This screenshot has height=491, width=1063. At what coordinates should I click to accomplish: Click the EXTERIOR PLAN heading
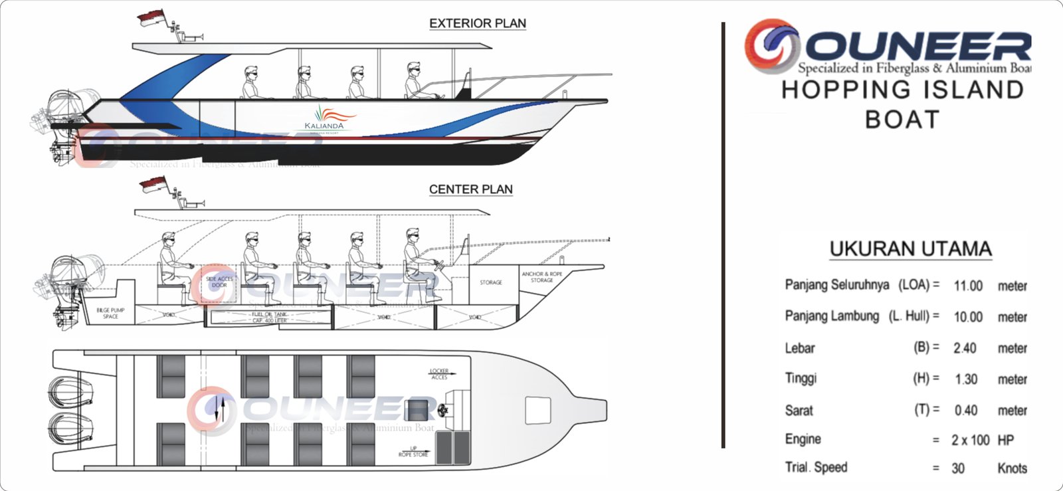pos(477,23)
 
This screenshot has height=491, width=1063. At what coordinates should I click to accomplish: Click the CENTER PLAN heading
pos(470,189)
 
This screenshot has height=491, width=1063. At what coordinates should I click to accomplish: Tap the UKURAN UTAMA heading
pos(910,248)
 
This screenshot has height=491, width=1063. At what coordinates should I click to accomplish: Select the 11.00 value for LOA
pos(968,286)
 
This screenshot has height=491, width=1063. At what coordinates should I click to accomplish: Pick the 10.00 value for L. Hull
pos(968,317)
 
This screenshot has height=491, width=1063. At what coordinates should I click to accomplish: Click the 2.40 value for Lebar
pos(965,348)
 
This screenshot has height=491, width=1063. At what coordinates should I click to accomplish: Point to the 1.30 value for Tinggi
pos(966,379)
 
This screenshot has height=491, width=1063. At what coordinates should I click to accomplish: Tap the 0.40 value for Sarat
pos(966,411)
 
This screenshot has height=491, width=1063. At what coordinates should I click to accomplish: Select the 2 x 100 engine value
pos(970,440)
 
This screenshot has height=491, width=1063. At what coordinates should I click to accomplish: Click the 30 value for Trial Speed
pos(958,468)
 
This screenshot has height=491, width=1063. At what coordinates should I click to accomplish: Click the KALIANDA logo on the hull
pos(325,120)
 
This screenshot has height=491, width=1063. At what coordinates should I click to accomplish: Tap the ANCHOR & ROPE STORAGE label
pos(541,277)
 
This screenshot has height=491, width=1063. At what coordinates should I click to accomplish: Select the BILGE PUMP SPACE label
pos(110,313)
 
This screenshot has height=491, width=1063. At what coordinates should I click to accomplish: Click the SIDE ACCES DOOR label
pos(219,282)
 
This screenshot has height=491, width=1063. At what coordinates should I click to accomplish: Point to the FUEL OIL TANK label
pos(270,317)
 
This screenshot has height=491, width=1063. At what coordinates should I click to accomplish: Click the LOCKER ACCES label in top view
pos(439,374)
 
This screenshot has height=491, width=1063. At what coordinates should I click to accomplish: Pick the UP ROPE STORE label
pos(413,452)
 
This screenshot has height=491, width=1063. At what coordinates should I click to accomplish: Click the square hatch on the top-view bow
pos(537,410)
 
